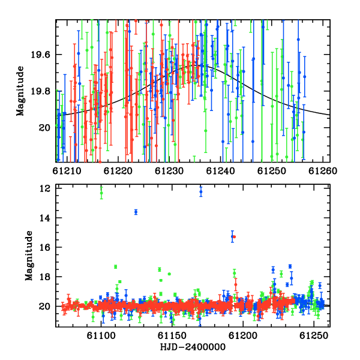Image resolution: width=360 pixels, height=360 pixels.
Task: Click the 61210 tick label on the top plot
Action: (x=67, y=171)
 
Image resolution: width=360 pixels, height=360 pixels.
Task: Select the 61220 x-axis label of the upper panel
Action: (x=118, y=171)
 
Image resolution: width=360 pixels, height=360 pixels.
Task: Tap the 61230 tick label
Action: (x=169, y=171)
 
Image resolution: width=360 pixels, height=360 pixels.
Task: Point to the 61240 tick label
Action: (x=220, y=171)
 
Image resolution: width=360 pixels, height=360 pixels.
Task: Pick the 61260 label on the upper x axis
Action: (x=323, y=171)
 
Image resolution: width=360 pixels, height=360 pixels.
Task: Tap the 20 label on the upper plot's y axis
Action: (x=44, y=128)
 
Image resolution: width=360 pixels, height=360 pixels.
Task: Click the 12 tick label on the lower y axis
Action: (x=45, y=188)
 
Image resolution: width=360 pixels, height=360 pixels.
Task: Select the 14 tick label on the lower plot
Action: (x=45, y=218)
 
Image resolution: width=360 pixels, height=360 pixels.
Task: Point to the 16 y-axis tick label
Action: (x=45, y=247)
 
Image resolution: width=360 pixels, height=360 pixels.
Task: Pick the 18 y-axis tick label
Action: (x=45, y=277)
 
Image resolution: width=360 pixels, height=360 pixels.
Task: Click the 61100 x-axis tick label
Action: (x=101, y=336)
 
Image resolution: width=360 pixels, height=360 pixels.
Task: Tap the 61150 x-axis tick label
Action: (x=172, y=336)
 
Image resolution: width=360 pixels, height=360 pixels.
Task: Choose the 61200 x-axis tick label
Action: (x=243, y=336)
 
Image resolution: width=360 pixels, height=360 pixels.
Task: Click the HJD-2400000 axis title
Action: (x=193, y=347)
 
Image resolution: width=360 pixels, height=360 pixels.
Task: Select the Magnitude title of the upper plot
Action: (x=20, y=91)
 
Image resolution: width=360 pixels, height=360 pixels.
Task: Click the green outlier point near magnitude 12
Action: (x=101, y=193)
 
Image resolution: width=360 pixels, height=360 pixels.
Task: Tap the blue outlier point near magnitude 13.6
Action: (x=136, y=212)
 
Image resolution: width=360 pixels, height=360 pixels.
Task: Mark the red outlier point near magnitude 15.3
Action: (x=234, y=237)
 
